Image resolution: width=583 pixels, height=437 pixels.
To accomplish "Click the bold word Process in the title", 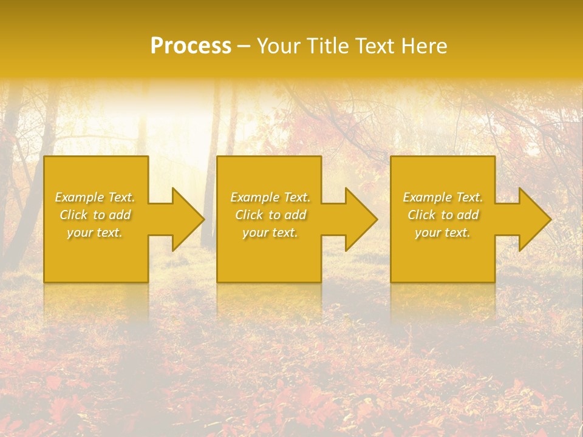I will coord(191,46).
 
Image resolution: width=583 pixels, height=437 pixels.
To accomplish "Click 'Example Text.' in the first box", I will coord(95,197).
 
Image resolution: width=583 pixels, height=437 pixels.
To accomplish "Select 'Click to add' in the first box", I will coord(95,215).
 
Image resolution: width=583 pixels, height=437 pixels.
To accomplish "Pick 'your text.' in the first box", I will coord(95,232).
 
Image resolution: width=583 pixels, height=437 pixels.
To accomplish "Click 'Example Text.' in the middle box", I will coord(270,197).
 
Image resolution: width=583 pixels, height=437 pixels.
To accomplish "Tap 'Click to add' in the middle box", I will coord(270,215).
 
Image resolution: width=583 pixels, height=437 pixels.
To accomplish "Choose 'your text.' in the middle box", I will coord(270,232).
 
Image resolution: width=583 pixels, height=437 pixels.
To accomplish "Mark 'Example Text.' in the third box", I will coord(443,197).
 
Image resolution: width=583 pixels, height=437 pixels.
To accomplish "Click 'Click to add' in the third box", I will coord(443,215).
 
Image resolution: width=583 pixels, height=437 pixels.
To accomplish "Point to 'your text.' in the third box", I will coord(443,232).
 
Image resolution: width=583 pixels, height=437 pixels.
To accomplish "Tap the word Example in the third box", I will coord(427,197).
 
